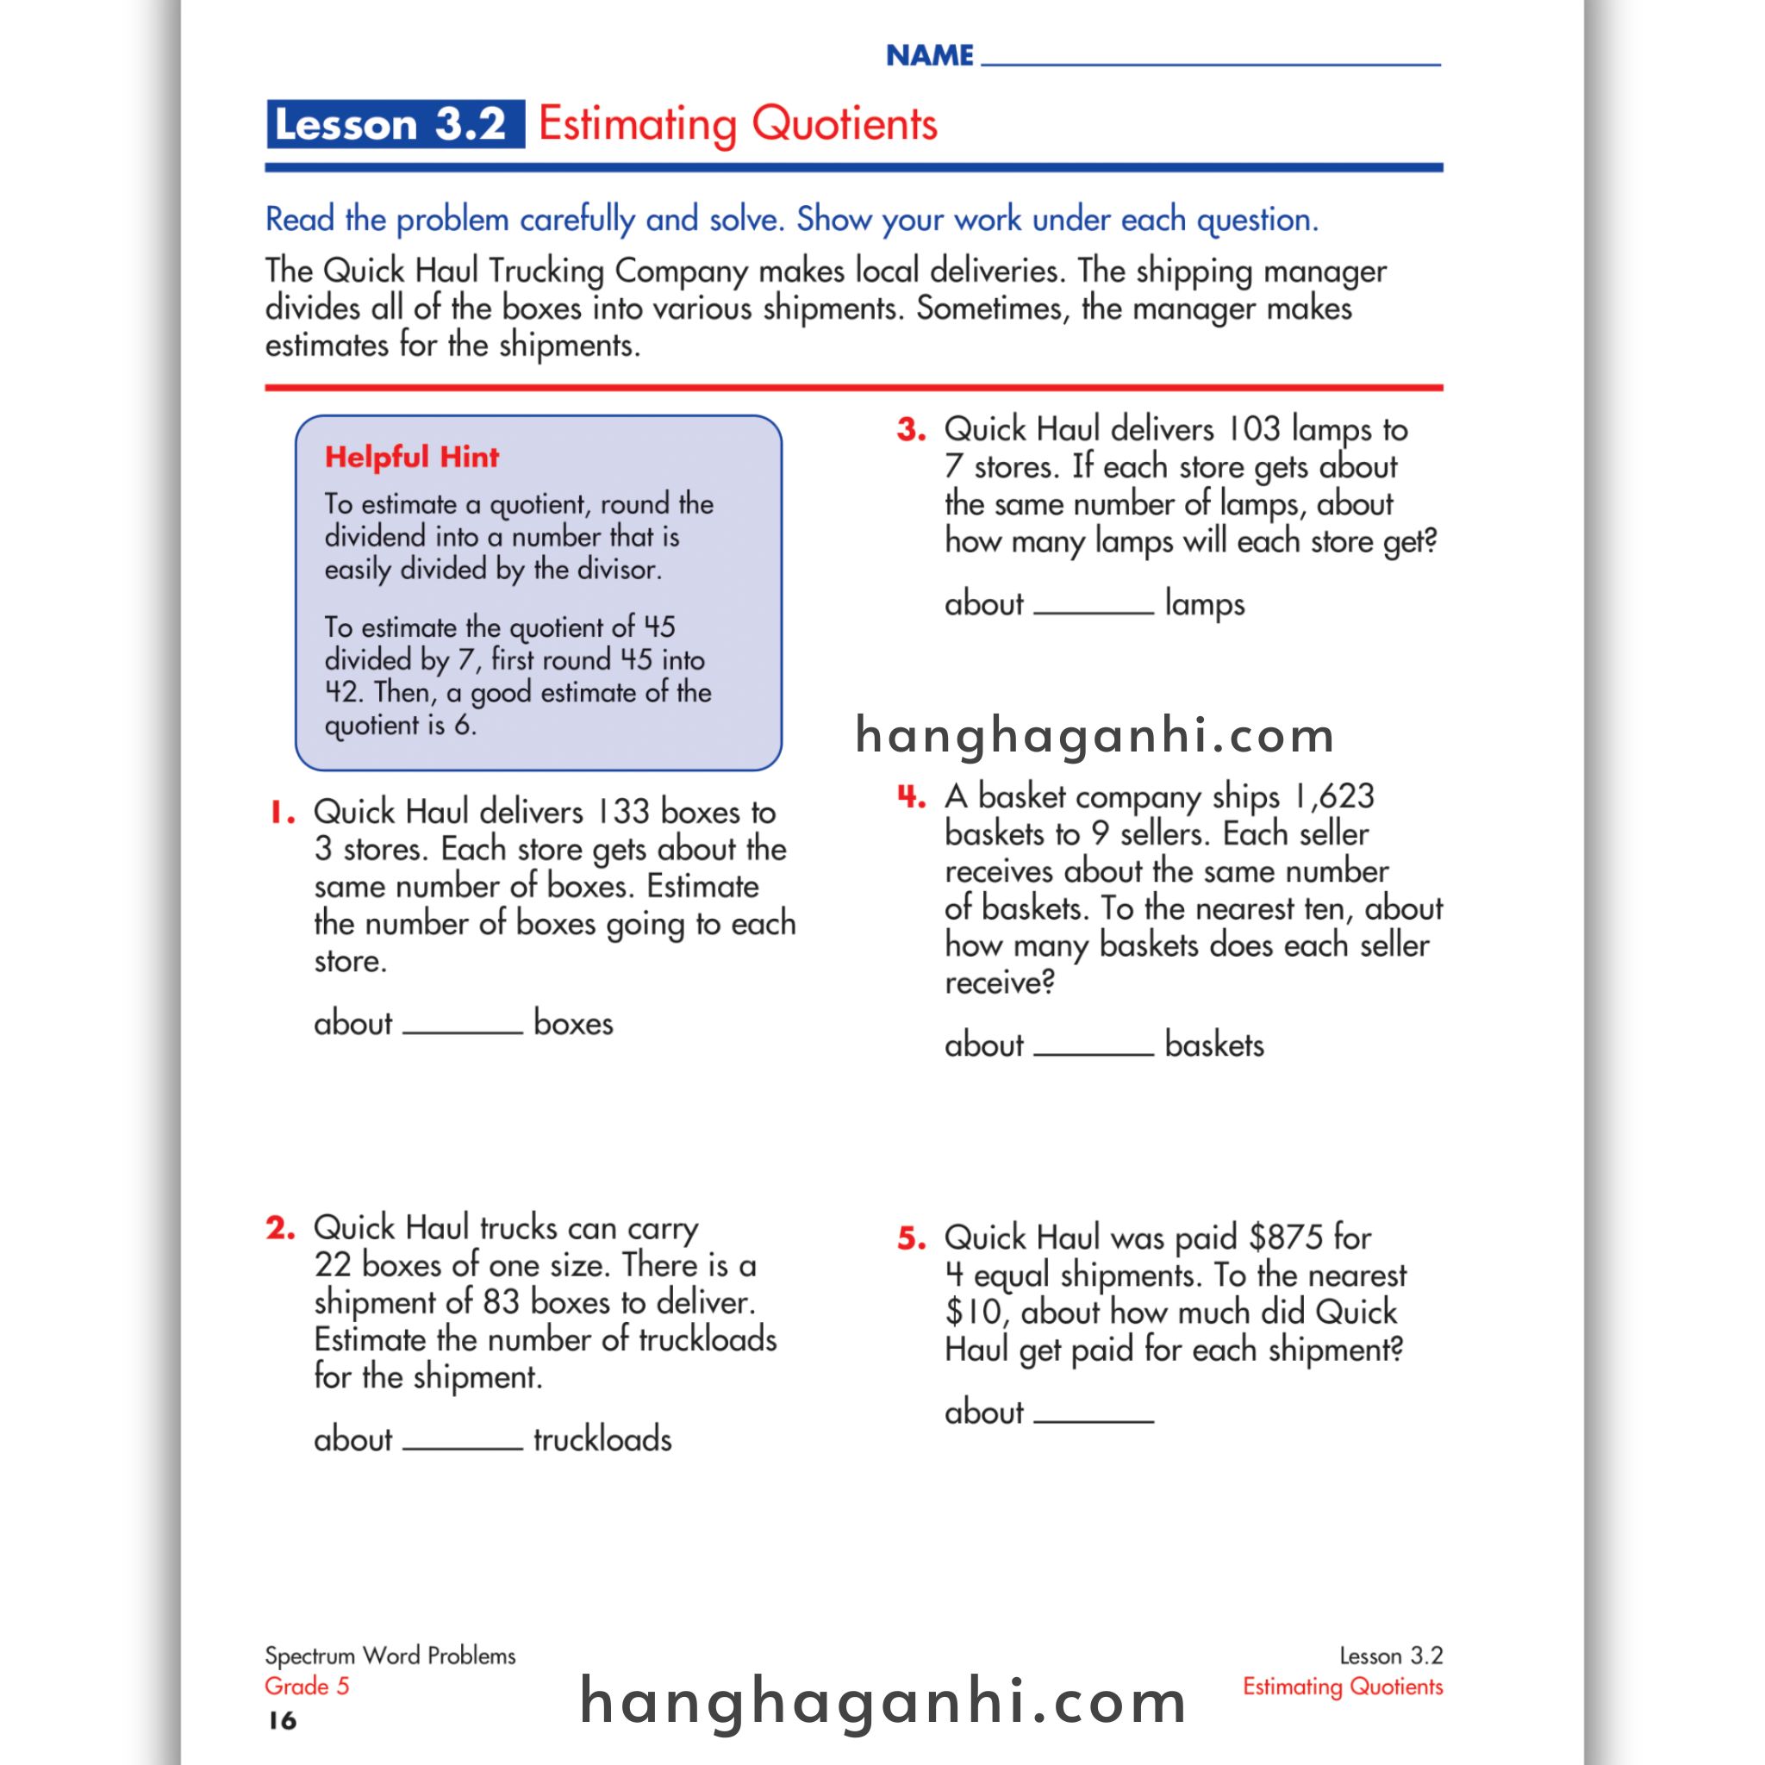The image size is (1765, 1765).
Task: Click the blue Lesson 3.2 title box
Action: click(395, 124)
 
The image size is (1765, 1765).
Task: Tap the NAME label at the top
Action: click(929, 56)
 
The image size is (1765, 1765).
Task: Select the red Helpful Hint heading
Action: click(412, 457)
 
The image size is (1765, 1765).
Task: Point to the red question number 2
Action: click(280, 1228)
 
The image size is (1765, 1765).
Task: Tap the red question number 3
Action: click(911, 429)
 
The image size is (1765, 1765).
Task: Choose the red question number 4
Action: click(911, 796)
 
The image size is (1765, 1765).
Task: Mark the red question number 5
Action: click(911, 1238)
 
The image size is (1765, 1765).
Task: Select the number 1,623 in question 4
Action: click(1333, 796)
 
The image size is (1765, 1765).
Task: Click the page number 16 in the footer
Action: click(283, 1721)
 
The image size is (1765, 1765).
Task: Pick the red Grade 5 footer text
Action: click(307, 1687)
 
